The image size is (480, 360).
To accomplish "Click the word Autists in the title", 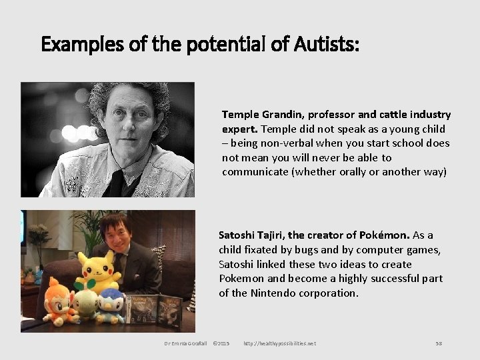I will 325,45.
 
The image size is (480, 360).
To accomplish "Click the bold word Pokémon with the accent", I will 384,235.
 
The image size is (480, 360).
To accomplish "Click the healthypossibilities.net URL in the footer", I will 279,343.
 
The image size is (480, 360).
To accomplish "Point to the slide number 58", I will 439,343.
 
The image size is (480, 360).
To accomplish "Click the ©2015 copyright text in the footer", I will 221,343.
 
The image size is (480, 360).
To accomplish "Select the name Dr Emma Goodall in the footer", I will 185,343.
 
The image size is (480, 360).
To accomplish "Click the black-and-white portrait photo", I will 108,139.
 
